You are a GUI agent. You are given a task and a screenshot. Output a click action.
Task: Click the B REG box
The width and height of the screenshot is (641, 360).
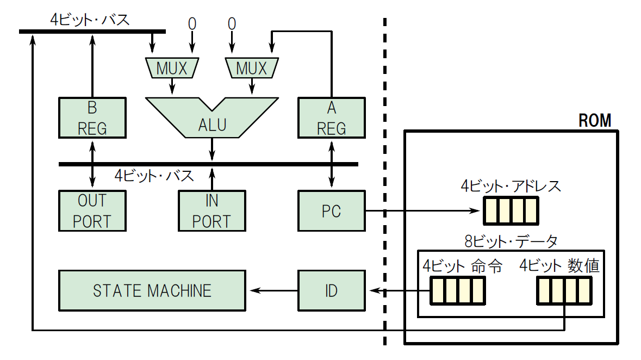coord(92,118)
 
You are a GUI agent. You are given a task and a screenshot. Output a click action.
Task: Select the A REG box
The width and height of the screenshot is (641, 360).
coord(331,118)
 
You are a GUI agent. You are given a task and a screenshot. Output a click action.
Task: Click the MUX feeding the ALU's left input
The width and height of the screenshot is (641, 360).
coord(172,68)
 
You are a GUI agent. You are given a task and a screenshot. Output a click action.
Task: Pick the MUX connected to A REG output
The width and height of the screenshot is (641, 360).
coord(251,68)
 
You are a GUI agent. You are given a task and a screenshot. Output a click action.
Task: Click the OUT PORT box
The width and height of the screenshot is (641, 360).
coord(92,211)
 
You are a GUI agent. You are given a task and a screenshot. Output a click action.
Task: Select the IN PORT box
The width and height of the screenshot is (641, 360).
coord(211,211)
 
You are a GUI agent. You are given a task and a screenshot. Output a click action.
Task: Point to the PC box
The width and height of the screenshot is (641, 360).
coord(331,211)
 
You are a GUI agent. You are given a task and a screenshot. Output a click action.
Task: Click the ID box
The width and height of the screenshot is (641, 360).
coord(331,291)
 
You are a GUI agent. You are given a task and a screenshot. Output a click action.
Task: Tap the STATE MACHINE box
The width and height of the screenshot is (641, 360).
coord(152,291)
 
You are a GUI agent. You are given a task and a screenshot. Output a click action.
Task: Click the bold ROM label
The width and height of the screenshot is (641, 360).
coord(595,120)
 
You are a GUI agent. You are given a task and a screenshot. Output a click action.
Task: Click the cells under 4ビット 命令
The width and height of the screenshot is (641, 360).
coord(457,291)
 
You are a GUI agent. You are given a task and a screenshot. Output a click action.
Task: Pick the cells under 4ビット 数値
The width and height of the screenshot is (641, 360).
coord(564,291)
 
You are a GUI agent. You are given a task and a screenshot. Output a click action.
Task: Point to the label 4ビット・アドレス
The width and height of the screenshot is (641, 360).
coord(511,187)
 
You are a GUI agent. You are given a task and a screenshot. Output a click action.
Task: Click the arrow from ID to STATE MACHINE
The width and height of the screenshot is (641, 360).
coord(271,291)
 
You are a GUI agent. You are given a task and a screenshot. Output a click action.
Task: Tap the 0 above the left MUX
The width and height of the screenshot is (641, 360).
coord(192,24)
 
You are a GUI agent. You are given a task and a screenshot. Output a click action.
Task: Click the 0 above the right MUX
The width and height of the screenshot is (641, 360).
coord(232,24)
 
